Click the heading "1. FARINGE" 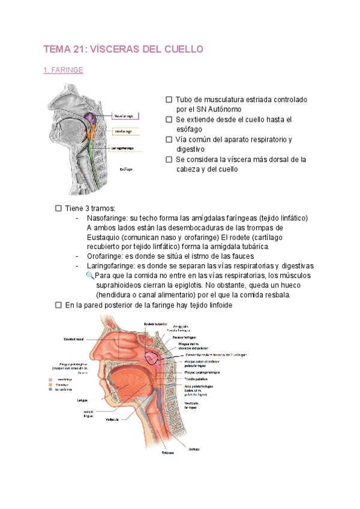[x=64, y=70]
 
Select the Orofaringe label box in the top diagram [x=124, y=131]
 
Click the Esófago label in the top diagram [x=125, y=169]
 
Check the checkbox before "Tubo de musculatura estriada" [x=169, y=99]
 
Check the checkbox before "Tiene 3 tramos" [x=58, y=208]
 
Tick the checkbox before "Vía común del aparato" [x=169, y=139]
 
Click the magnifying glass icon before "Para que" [x=91, y=275]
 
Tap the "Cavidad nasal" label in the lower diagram [x=74, y=339]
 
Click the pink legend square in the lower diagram [x=51, y=379]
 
